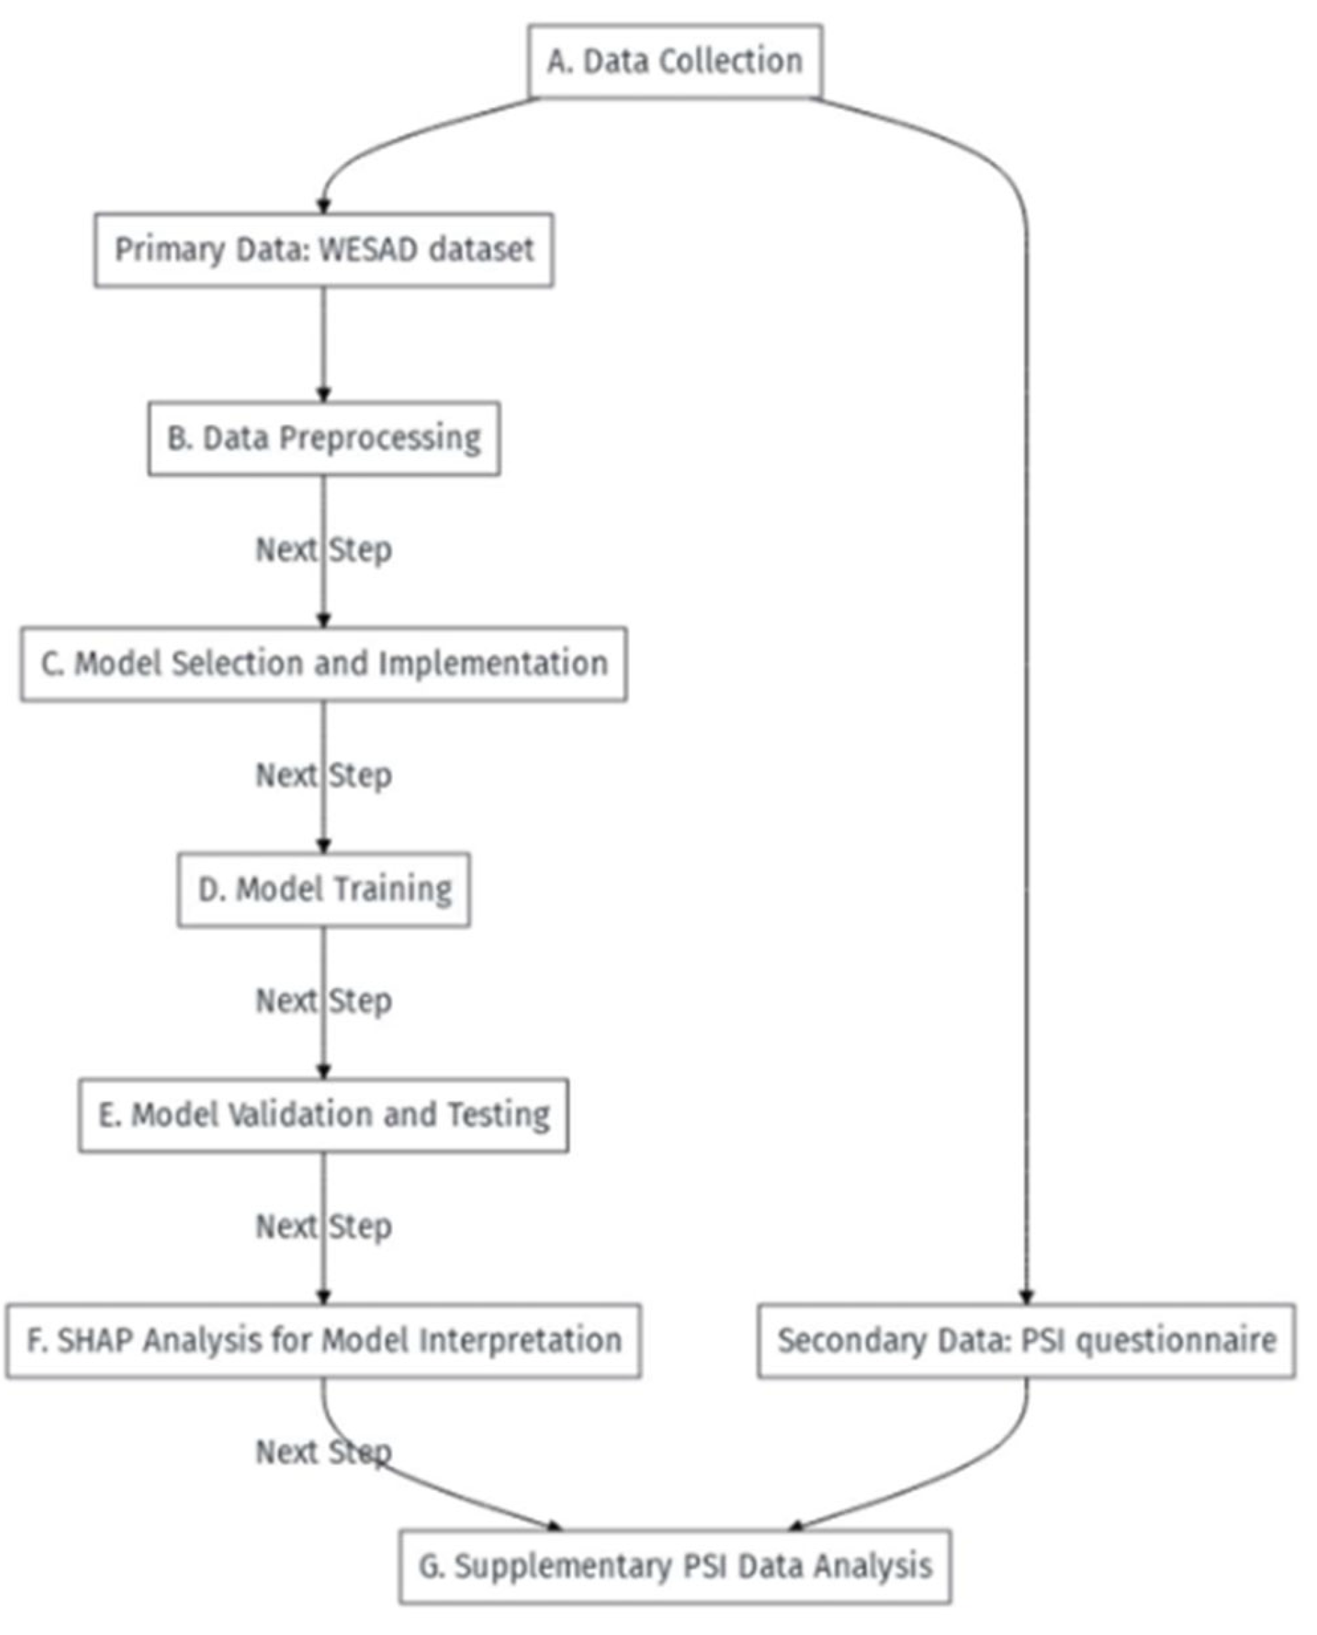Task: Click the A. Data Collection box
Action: click(674, 61)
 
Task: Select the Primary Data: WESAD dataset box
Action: click(324, 249)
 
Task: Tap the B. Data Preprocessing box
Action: click(324, 439)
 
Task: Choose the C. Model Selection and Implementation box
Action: click(324, 664)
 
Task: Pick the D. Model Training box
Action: click(324, 889)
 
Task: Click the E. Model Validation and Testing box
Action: click(324, 1115)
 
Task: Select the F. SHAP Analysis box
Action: click(324, 1341)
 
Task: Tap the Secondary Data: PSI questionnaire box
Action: click(1026, 1341)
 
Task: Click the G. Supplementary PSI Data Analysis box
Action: click(674, 1566)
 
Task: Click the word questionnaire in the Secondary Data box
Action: click(1176, 1341)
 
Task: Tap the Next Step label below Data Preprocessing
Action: click(324, 550)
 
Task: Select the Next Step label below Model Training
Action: click(324, 1001)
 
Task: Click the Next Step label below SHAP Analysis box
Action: click(324, 1453)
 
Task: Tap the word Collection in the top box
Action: click(730, 61)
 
